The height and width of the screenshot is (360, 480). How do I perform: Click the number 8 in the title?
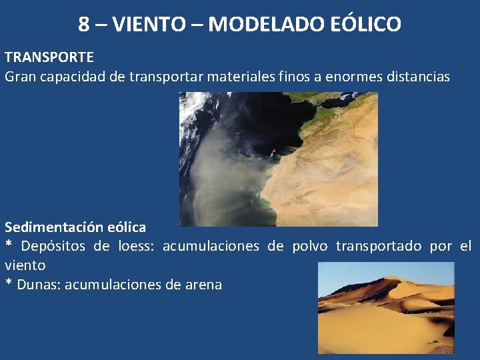coord(84,25)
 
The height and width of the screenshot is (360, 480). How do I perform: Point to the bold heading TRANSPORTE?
coord(49,58)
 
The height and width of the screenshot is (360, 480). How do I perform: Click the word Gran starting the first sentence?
coord(21,77)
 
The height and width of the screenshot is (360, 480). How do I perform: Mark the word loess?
coord(136,247)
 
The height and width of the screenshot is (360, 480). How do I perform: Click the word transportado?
coord(379,247)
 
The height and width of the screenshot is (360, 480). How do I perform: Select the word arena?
coord(203,285)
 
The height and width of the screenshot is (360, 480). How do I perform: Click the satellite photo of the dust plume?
coord(278,159)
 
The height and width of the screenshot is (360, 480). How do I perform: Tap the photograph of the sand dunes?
coord(386,307)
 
